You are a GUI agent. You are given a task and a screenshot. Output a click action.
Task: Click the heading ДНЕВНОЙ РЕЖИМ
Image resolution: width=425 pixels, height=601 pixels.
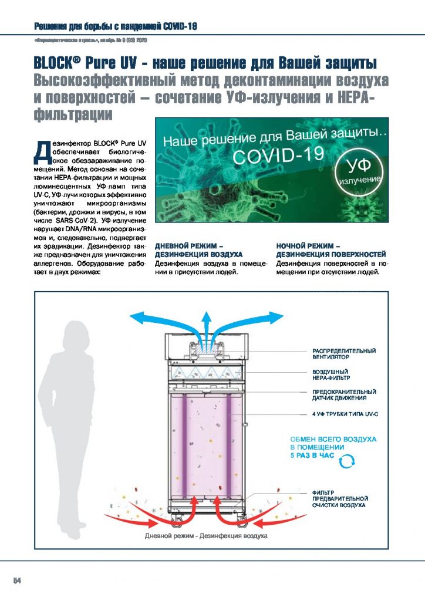(188, 247)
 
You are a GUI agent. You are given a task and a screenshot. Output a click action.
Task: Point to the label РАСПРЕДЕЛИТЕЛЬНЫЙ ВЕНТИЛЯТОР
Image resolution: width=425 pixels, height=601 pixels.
(343, 353)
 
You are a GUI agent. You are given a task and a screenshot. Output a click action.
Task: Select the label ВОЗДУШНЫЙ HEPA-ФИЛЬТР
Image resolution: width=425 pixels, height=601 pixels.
(332, 375)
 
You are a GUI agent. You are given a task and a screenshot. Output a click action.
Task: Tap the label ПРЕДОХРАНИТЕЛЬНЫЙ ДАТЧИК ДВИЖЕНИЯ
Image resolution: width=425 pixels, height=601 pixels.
(343, 394)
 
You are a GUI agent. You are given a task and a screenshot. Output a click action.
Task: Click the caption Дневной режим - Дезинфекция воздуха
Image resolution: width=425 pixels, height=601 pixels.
(206, 536)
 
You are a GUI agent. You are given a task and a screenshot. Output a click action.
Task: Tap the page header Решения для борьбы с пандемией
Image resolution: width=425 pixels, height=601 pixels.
(115, 26)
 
